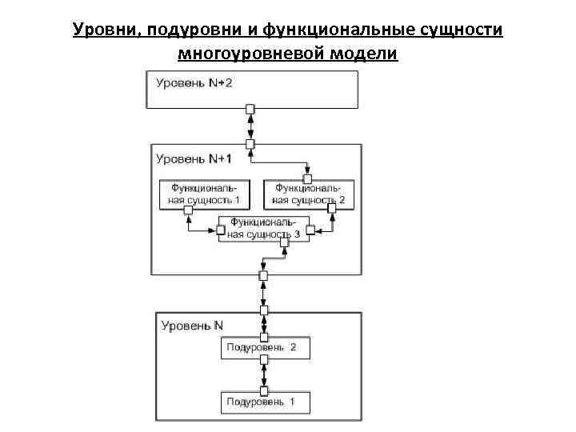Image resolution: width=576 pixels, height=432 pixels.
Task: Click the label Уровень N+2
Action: pyautogui.click(x=194, y=84)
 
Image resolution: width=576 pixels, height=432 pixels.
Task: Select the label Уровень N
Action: pyautogui.click(x=192, y=326)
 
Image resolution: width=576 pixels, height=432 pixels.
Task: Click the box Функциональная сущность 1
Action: pyautogui.click(x=205, y=193)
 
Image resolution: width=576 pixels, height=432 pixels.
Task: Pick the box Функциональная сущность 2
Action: pyautogui.click(x=309, y=193)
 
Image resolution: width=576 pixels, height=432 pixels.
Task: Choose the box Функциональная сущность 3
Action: pyautogui.click(x=265, y=228)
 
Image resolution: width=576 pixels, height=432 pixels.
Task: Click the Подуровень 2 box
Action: pyautogui.click(x=265, y=348)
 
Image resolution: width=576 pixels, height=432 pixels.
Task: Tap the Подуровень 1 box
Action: pyautogui.click(x=265, y=401)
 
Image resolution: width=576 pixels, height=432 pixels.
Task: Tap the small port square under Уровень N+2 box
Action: pyautogui.click(x=250, y=109)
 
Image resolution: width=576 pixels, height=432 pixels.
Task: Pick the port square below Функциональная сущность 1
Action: pyautogui.click(x=189, y=211)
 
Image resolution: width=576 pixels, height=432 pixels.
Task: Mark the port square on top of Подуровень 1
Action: pyautogui.click(x=265, y=388)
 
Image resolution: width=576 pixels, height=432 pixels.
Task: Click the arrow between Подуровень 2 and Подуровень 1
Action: pyautogui.click(x=265, y=373)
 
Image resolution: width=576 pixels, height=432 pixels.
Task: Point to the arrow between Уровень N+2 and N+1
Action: pyautogui.click(x=250, y=126)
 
